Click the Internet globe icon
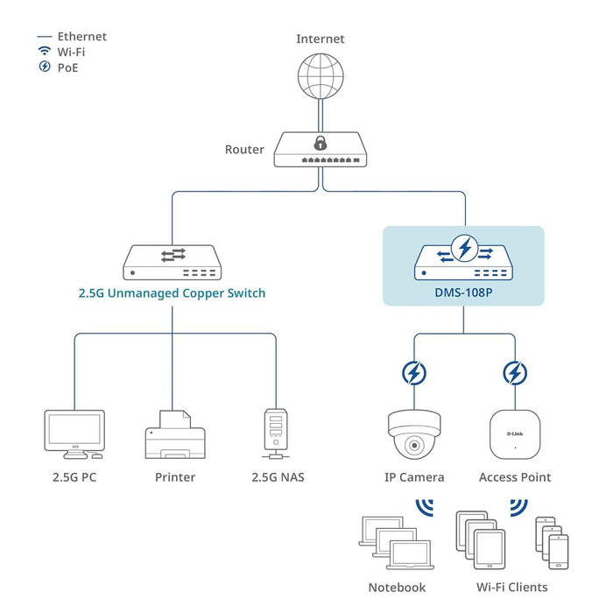(320, 77)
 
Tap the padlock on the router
(321, 142)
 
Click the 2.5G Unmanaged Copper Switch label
(171, 293)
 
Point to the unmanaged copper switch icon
(172, 261)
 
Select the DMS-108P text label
(463, 293)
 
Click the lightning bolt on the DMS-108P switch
(464, 250)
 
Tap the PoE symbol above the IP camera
(413, 374)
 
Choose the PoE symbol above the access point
(515, 374)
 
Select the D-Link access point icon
(514, 433)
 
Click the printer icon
(174, 434)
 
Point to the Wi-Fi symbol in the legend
(45, 52)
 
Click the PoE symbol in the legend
(45, 67)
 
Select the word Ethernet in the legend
(81, 37)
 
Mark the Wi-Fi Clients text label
(512, 587)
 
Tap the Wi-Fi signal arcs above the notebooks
(425, 508)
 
